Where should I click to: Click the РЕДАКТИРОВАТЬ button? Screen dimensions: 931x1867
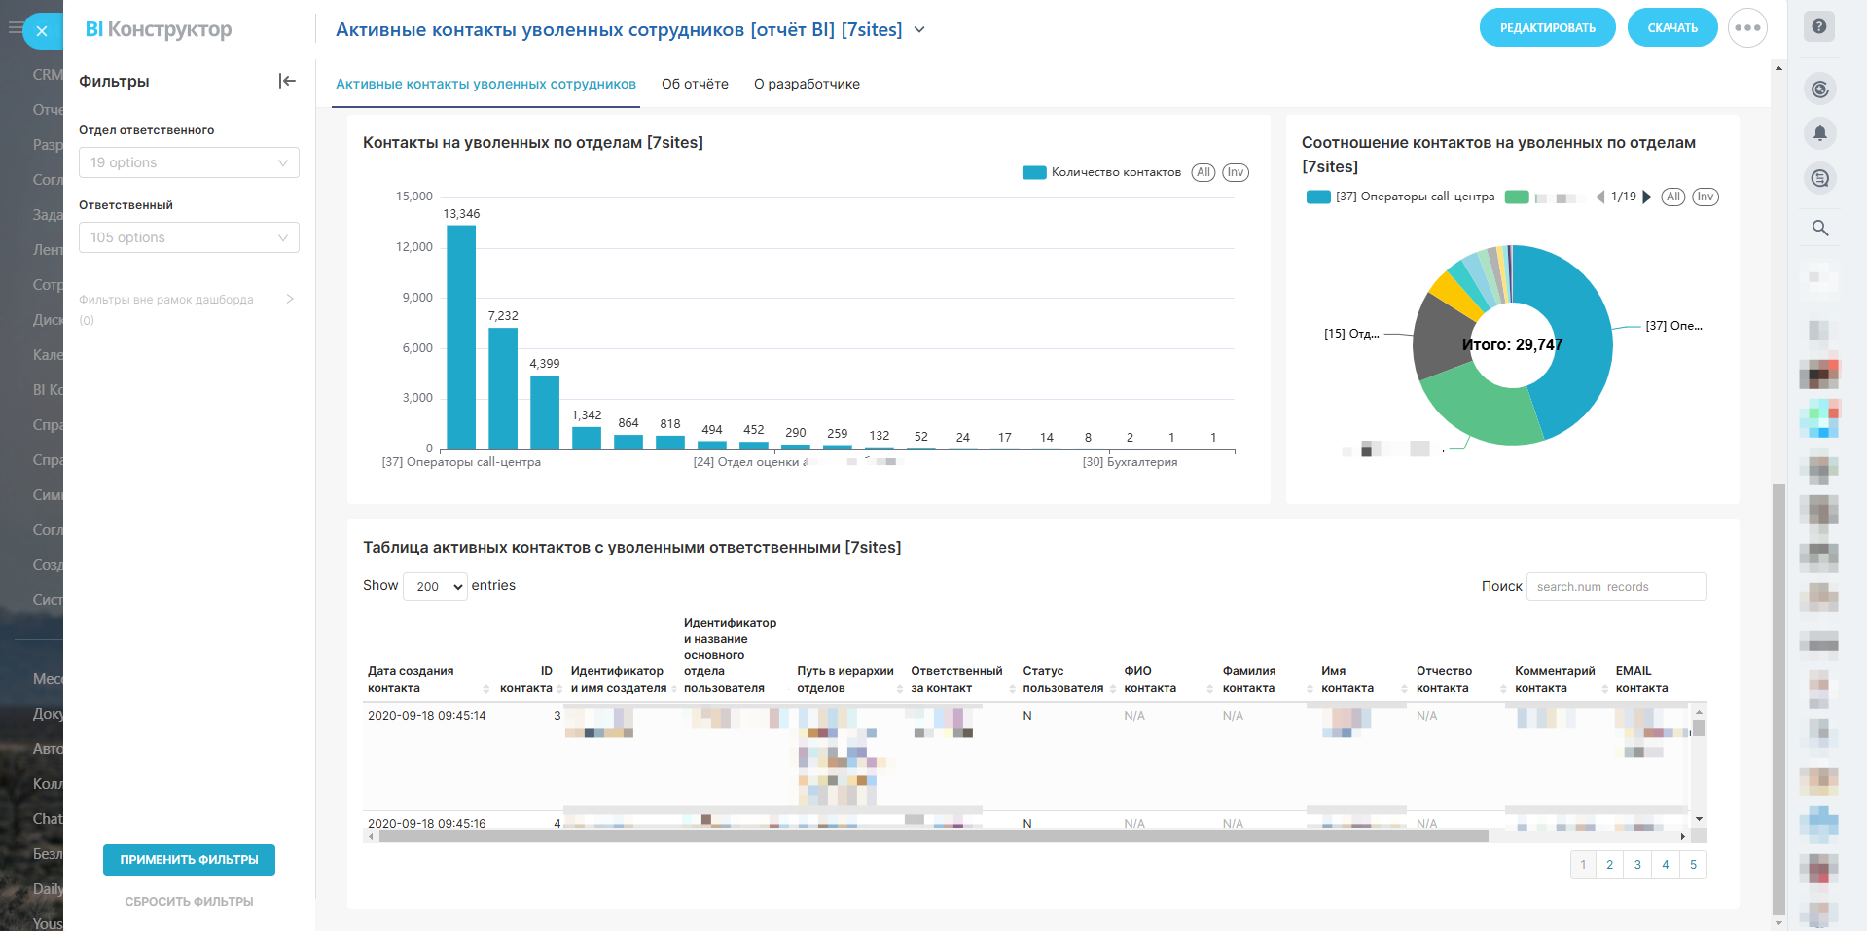1547,28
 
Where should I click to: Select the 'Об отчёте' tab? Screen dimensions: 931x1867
695,84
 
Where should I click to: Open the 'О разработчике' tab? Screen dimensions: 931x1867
807,84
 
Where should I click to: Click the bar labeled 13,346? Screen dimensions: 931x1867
461,337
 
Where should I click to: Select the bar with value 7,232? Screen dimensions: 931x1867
503,388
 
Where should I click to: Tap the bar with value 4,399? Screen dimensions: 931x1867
545,412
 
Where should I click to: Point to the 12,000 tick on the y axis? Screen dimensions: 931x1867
414,247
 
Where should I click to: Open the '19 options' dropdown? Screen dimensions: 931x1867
189,162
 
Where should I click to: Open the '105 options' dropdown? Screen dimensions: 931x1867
189,237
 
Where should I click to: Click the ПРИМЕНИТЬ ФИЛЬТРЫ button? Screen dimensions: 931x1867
189,860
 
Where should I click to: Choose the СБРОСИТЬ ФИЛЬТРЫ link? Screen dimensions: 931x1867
189,902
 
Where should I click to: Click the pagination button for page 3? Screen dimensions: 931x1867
1637,865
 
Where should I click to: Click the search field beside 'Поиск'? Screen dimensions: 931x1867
1616,587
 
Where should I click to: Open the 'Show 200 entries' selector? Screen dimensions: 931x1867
435,586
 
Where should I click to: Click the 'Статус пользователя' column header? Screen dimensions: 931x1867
1062,679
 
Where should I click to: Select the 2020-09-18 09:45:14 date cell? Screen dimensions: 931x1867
427,716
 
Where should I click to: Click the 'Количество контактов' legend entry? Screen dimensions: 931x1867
1115,172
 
